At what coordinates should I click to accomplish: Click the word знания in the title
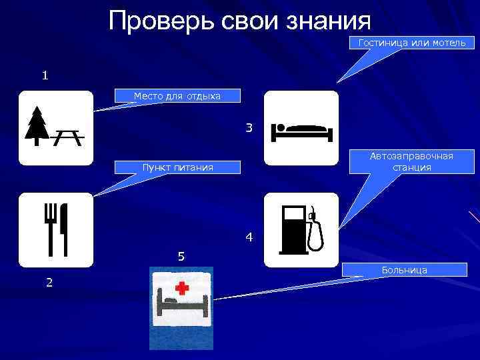pyautogui.click(x=328, y=21)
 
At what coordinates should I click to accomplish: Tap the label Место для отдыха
pyautogui.click(x=177, y=96)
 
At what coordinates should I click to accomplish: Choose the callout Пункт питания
pyautogui.click(x=177, y=167)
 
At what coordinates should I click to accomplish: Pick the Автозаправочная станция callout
pyautogui.click(x=411, y=161)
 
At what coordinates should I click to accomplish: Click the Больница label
pyautogui.click(x=404, y=270)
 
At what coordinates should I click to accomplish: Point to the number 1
pyautogui.click(x=45, y=75)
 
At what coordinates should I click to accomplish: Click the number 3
pyautogui.click(x=249, y=127)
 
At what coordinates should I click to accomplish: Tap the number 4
pyautogui.click(x=249, y=237)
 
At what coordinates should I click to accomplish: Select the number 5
pyautogui.click(x=181, y=257)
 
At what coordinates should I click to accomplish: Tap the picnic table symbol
pyautogui.click(x=67, y=137)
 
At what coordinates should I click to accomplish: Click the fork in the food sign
pyautogui.click(x=50, y=227)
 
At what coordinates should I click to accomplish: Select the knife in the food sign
pyautogui.click(x=64, y=227)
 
